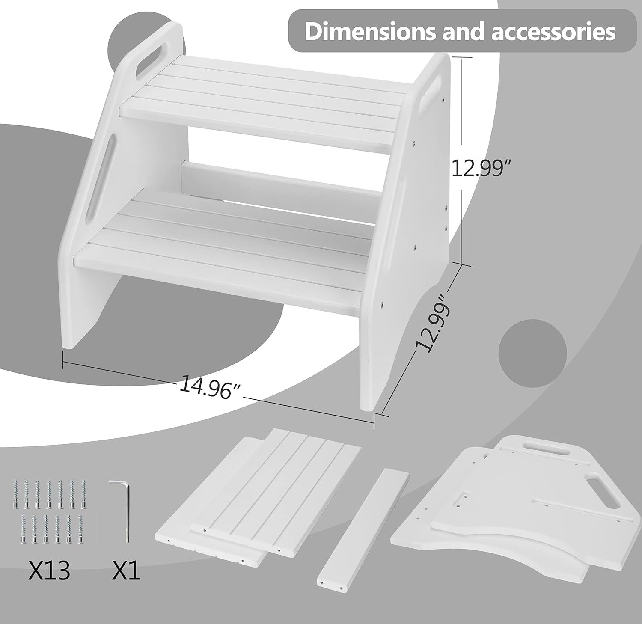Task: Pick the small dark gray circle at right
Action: pos(532,353)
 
